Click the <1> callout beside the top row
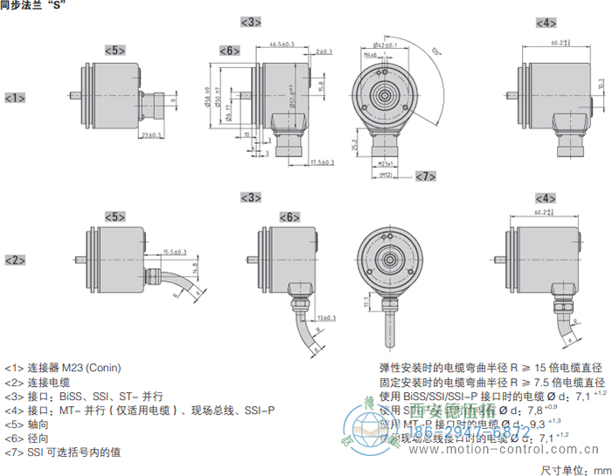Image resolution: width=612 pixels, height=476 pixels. point(15,98)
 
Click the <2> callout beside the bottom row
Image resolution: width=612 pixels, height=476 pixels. point(15,260)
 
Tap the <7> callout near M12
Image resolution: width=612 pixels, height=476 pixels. point(427,176)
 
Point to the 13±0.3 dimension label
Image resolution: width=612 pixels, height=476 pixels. point(328,317)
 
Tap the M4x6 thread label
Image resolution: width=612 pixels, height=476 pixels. point(368,54)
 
